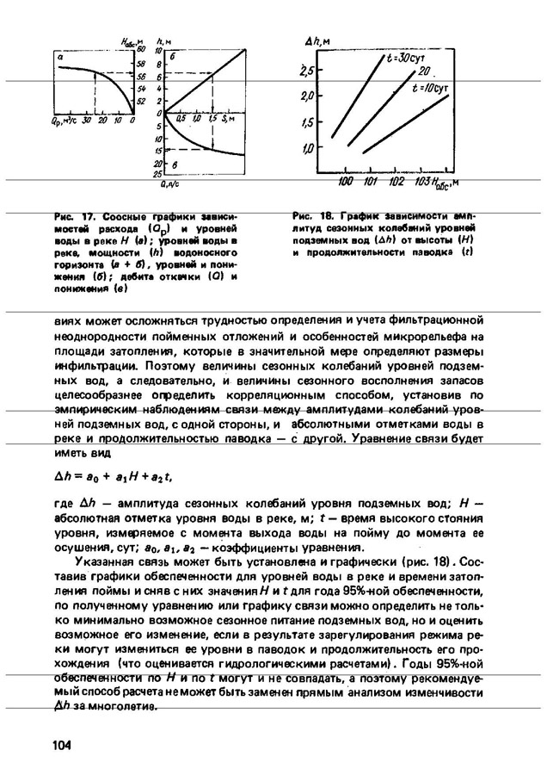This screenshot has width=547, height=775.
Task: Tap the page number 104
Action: pos(60,745)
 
